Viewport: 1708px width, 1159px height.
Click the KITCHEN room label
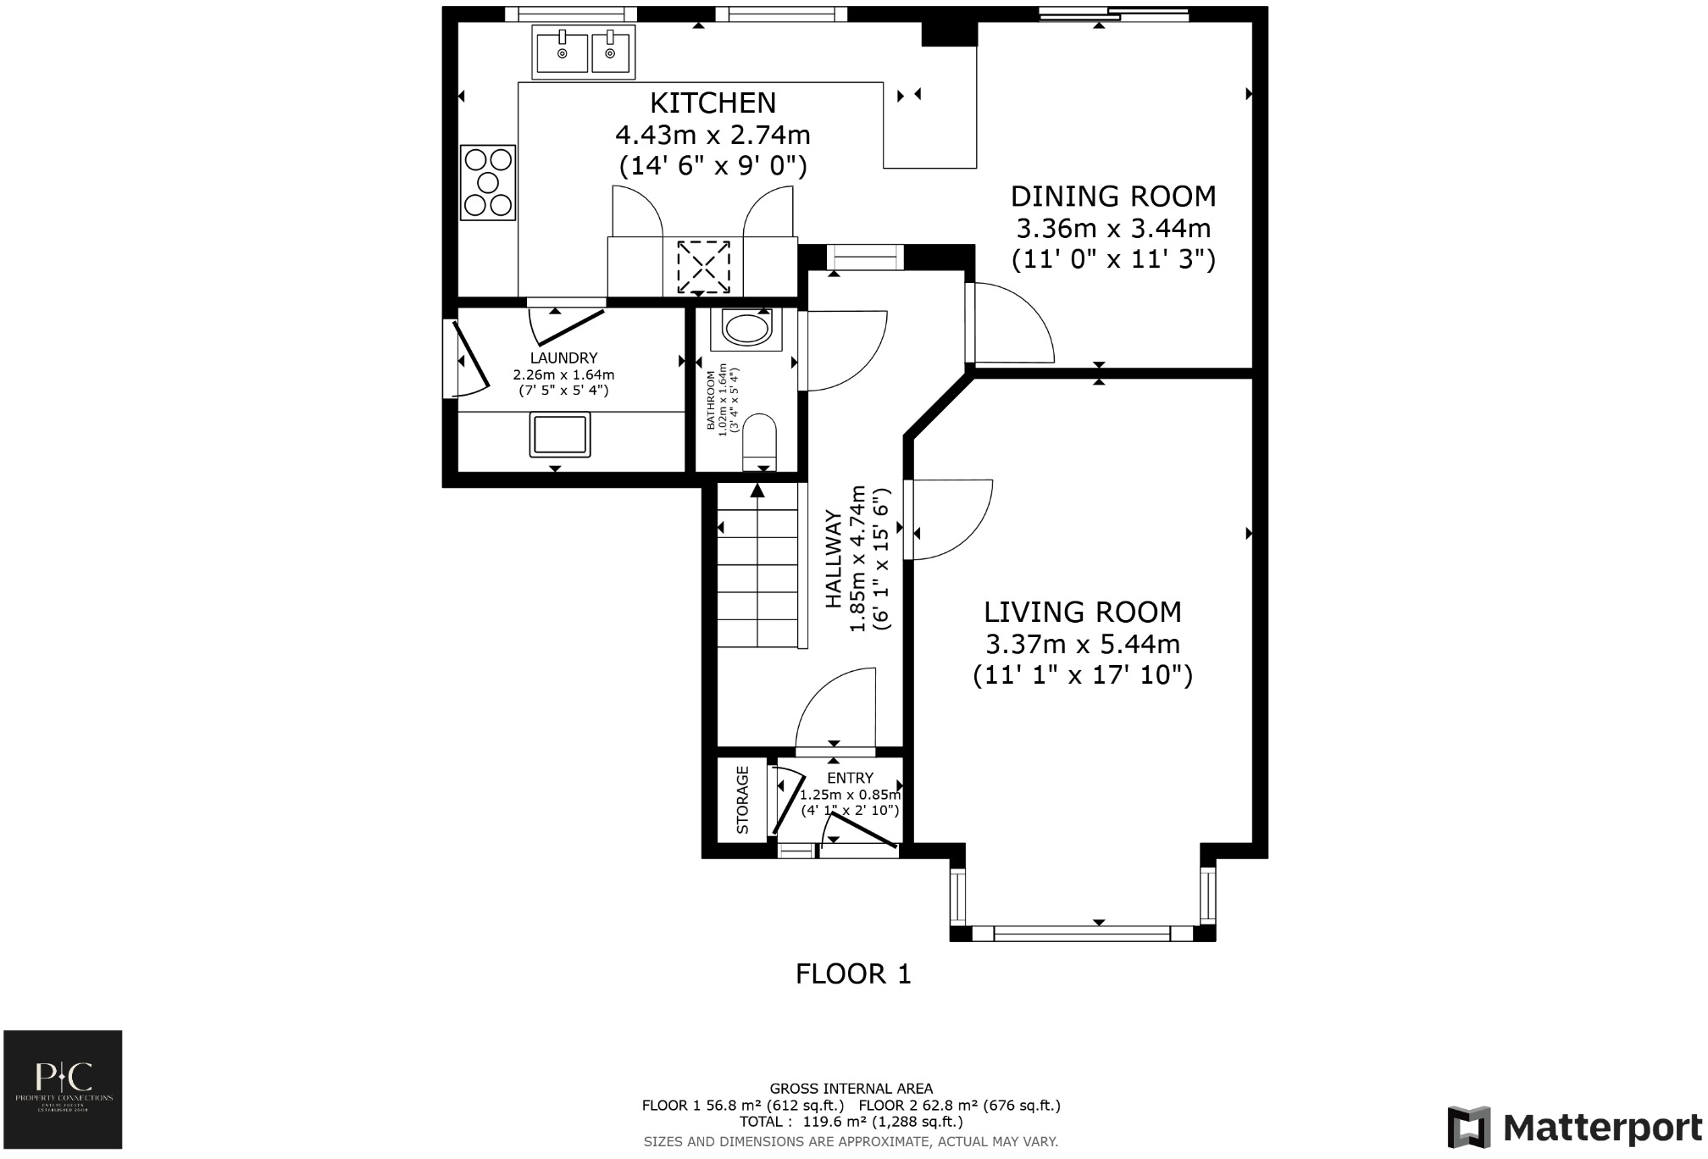coord(713,103)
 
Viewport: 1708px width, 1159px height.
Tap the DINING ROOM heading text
coord(1112,197)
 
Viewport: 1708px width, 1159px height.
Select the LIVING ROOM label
coord(1082,612)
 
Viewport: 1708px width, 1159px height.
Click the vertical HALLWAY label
coord(833,559)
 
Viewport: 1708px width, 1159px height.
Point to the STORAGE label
coord(743,800)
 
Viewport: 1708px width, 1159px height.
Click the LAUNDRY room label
coord(563,358)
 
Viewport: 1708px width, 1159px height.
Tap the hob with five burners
coord(488,182)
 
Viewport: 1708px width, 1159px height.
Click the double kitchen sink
coord(584,52)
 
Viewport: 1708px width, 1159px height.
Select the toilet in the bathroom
coord(759,441)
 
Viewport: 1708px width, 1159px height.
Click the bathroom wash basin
coord(746,329)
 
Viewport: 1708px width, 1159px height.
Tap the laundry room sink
coord(560,434)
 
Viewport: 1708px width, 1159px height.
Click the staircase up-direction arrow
coord(757,490)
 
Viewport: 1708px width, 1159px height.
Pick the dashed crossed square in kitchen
coord(703,267)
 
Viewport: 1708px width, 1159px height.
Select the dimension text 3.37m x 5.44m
coord(1082,645)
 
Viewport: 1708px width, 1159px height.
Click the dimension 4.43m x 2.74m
coord(713,135)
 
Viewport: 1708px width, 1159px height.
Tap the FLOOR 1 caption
coord(853,974)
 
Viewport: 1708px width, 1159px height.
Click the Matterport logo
coord(1574,1128)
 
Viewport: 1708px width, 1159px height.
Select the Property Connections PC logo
coord(64,1089)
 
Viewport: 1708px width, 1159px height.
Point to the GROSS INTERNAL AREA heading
coord(851,1089)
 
